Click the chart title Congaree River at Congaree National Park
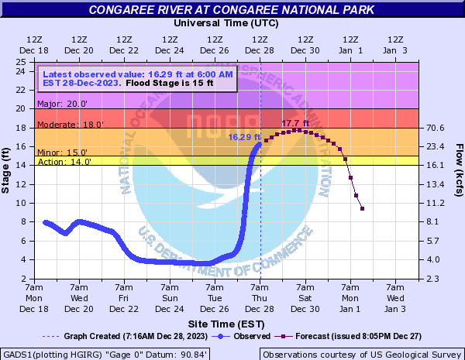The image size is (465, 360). (232, 10)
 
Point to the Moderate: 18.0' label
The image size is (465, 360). (70, 124)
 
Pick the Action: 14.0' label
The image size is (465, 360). (64, 162)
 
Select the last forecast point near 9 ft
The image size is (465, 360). (362, 208)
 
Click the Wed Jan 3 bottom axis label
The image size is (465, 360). (395, 303)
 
